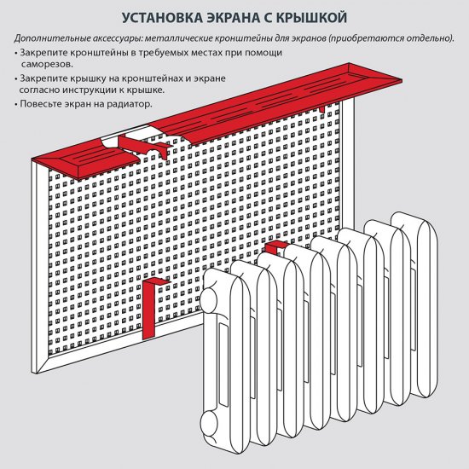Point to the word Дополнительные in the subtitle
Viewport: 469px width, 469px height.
click(50, 39)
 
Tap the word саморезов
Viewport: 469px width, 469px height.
click(47, 64)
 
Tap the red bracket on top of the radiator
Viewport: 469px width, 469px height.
click(274, 247)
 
